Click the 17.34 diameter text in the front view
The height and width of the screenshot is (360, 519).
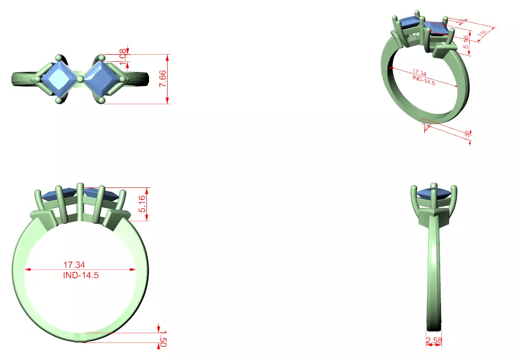click(74, 265)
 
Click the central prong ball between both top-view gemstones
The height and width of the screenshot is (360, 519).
click(80, 79)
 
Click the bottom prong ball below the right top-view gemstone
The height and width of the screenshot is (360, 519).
click(102, 101)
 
